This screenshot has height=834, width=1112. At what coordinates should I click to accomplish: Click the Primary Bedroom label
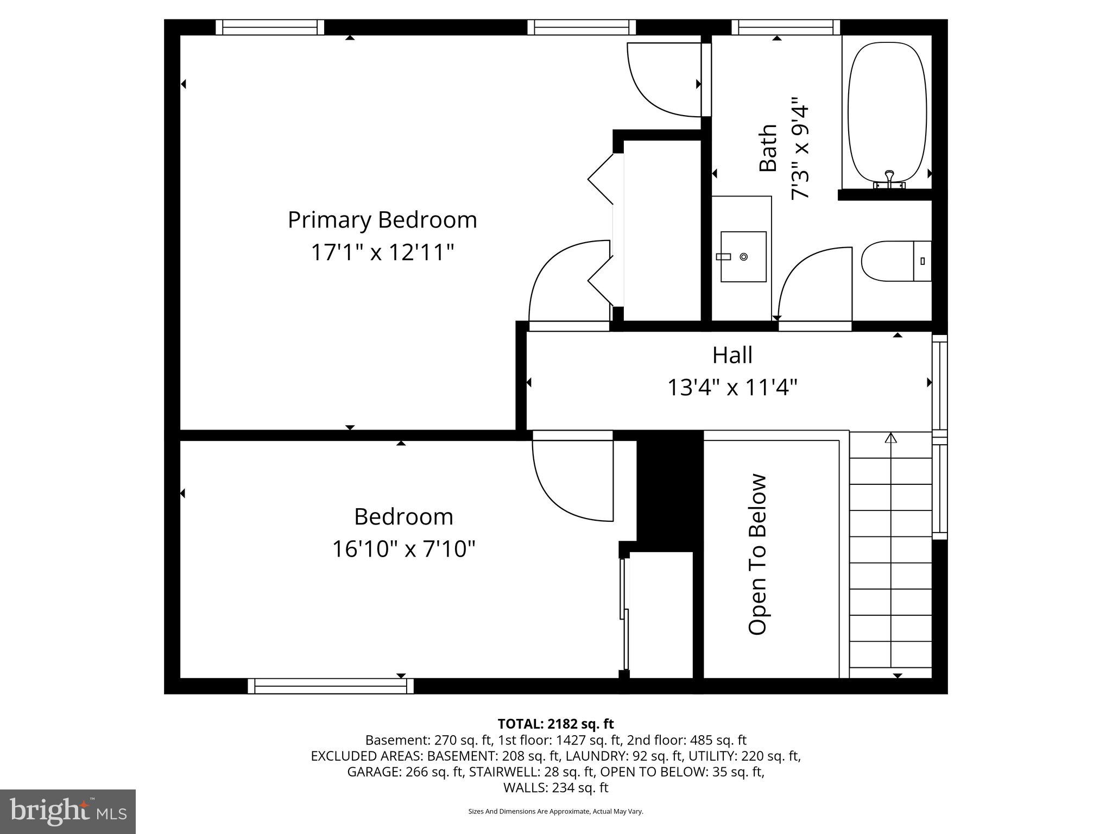pos(382,220)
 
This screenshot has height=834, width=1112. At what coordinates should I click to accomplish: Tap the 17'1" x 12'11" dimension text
pos(382,252)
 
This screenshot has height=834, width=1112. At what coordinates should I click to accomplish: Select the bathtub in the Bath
pos(887,111)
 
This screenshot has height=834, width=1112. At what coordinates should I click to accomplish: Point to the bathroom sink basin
pos(743,256)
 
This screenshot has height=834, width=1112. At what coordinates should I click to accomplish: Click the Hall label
pos(732,355)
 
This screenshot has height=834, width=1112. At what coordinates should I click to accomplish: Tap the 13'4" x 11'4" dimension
pos(732,388)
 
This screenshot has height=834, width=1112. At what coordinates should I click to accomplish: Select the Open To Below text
pos(757,554)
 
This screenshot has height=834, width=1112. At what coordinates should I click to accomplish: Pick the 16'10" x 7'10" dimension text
pos(403,549)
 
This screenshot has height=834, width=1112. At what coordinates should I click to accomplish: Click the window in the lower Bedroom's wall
pos(330,686)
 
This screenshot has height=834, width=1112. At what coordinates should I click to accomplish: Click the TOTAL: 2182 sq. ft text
pos(555,724)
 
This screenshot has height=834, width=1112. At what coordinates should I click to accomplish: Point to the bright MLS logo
pos(68,811)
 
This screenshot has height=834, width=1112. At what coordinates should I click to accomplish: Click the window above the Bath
pos(785,27)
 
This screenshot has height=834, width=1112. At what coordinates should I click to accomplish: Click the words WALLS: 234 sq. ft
pos(555,787)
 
